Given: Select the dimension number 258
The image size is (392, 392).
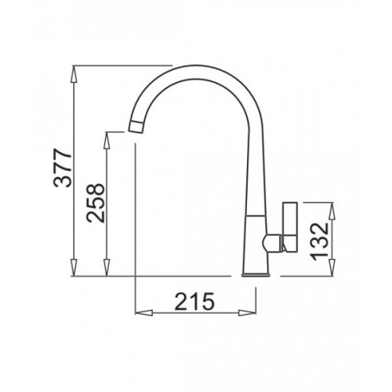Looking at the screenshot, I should pyautogui.click(x=96, y=204).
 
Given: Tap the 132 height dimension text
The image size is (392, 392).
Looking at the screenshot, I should pyautogui.click(x=322, y=239).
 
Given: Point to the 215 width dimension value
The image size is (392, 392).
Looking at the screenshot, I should pyautogui.click(x=195, y=300).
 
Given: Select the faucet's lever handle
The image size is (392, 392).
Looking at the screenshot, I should pyautogui.click(x=289, y=227).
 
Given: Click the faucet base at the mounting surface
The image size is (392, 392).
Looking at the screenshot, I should pyautogui.click(x=256, y=274).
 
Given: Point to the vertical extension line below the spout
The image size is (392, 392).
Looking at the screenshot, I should pyautogui.click(x=136, y=220).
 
